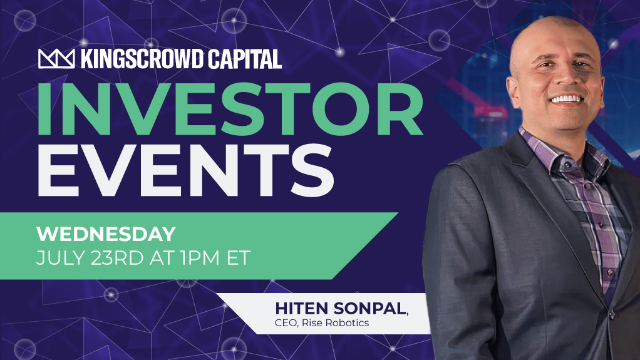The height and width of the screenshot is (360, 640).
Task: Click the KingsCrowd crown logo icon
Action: click(56, 59)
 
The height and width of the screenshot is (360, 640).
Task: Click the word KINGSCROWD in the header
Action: click(142, 59)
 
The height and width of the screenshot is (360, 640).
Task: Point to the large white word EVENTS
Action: click(186, 170)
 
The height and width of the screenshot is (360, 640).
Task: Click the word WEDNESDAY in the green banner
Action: click(106, 234)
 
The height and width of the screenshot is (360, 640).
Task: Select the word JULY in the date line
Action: click(61, 258)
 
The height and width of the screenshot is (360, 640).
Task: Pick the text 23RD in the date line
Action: click(117, 258)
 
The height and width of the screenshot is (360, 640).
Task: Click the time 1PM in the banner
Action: click(200, 258)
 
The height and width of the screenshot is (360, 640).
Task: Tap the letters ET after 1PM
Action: click(239, 258)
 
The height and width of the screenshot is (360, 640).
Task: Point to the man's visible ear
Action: click(513, 87)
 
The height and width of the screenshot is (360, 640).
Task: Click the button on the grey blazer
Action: click(611, 314)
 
